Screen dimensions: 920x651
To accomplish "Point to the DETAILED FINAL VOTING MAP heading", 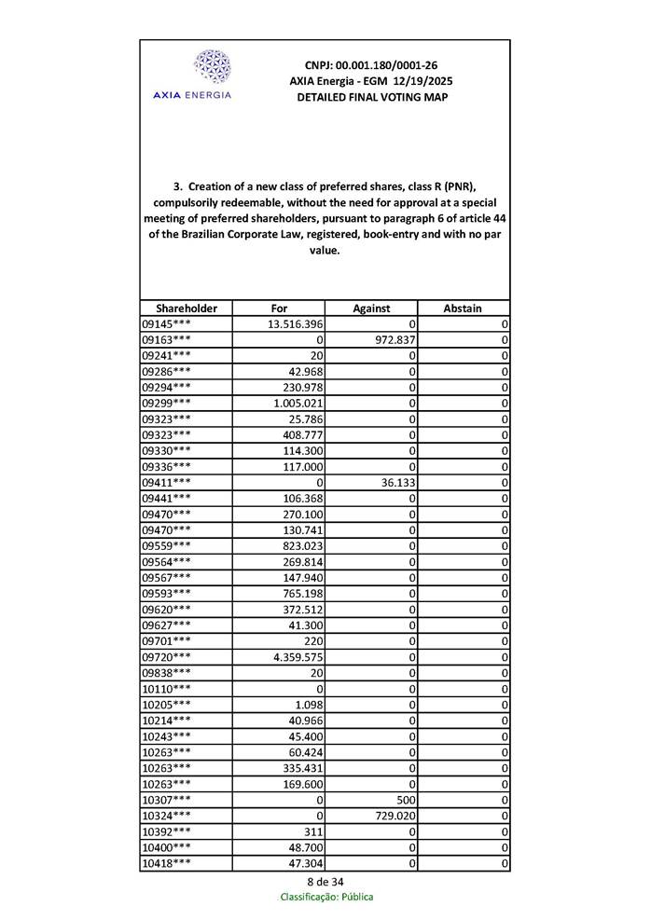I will tap(371, 97).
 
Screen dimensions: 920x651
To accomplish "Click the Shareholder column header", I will tap(187, 309).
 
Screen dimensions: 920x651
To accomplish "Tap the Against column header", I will tap(371, 309).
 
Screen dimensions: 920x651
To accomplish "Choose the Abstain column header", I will tap(464, 309).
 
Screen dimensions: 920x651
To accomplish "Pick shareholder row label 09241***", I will tap(167, 355).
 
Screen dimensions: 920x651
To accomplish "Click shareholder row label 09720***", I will tap(167, 657).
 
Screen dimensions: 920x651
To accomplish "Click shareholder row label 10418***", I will tap(167, 864).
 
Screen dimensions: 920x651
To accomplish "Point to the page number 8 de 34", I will tap(325, 882).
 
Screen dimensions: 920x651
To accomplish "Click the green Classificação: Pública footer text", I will tap(326, 897).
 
